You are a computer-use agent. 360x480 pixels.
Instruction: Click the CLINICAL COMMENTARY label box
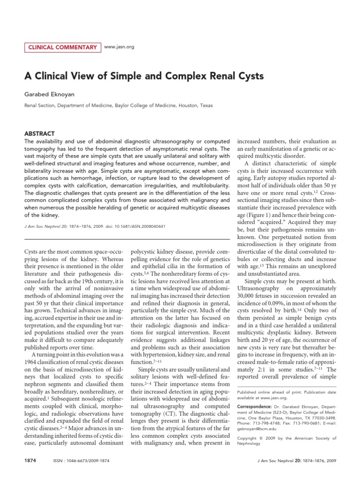[x=62, y=47]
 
